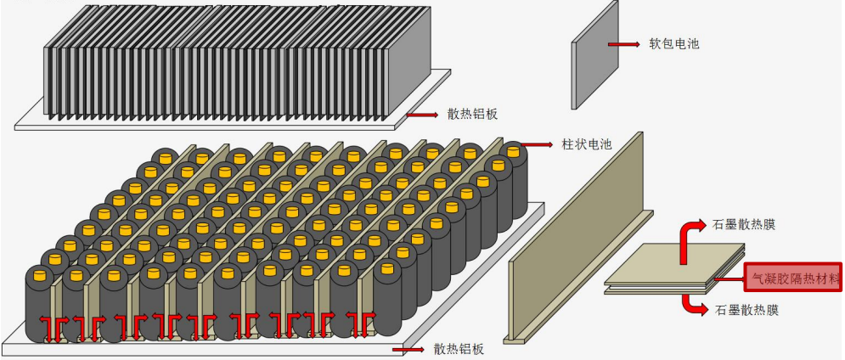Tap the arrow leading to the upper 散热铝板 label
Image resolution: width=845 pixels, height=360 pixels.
pos(422,114)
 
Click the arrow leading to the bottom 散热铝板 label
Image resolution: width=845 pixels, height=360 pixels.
pos(408,349)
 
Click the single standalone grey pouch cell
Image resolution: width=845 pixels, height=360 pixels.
pos(594,54)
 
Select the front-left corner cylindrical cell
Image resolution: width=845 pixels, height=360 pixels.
pos(40,301)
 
